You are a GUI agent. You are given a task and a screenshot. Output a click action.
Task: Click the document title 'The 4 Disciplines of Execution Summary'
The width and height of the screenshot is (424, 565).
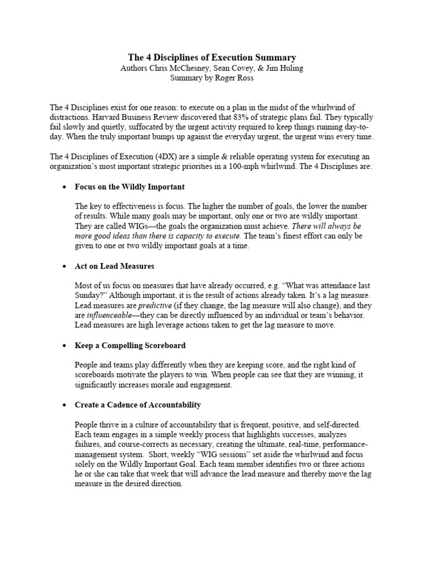(212, 57)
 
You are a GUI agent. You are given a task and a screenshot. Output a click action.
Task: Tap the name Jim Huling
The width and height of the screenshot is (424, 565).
(283, 68)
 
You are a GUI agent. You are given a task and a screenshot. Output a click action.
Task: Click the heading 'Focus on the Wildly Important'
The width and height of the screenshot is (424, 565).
(130, 186)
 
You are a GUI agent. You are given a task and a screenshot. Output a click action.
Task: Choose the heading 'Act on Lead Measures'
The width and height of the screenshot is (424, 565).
(114, 266)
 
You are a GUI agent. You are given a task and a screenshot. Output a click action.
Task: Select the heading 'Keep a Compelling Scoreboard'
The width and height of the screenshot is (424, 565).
(130, 345)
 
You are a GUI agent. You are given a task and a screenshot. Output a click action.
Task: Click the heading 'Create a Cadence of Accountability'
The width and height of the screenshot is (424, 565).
(138, 405)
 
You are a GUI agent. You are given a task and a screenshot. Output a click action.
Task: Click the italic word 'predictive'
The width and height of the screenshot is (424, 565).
(154, 306)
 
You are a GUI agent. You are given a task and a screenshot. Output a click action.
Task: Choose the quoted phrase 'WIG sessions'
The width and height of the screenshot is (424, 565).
(175, 455)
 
